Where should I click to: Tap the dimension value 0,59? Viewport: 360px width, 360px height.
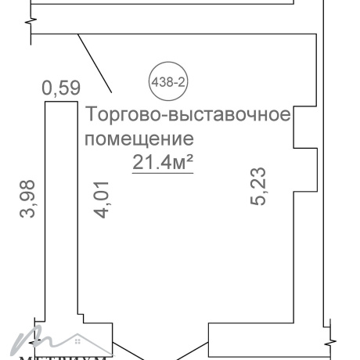(61, 88)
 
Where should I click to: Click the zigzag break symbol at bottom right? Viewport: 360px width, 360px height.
(333, 338)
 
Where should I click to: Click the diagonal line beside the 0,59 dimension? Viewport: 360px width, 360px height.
(97, 63)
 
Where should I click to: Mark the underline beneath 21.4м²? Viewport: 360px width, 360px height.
(162, 174)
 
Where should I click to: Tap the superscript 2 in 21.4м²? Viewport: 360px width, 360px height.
(189, 157)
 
